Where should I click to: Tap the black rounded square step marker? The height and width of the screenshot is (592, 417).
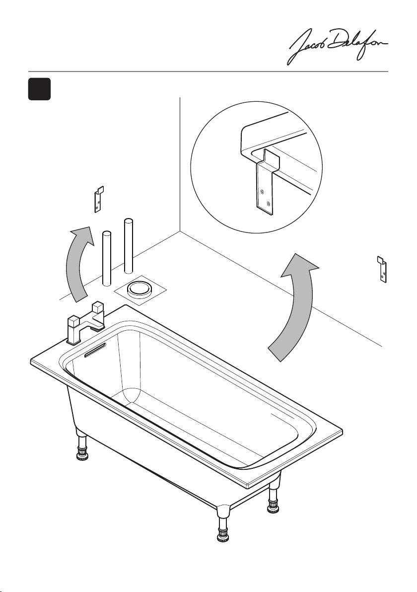pos(39,89)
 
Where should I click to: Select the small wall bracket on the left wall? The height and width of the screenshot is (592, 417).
pos(98,200)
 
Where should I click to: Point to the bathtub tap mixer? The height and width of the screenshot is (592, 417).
pos(86,322)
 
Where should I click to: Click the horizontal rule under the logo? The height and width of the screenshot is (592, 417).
pos(208,72)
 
